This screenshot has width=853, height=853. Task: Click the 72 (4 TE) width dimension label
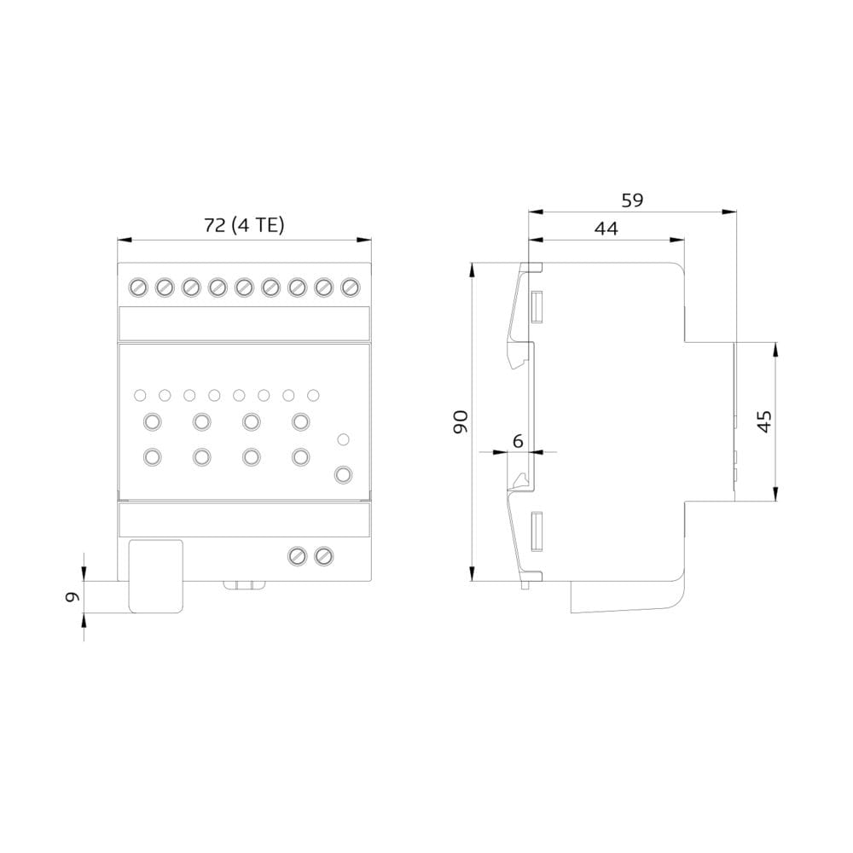tap(244, 225)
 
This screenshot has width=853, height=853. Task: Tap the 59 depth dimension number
tap(632, 200)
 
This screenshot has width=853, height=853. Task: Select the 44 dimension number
tap(606, 229)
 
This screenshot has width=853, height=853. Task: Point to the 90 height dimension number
tap(461, 421)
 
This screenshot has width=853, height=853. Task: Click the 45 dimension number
tap(764, 421)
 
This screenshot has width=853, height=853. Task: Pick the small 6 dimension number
tap(518, 441)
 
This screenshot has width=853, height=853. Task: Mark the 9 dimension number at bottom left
tap(73, 597)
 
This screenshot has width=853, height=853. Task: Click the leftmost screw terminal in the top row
tap(138, 287)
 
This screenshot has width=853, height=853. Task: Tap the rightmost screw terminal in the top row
tap(351, 287)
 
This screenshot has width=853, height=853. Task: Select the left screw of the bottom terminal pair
tap(297, 556)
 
